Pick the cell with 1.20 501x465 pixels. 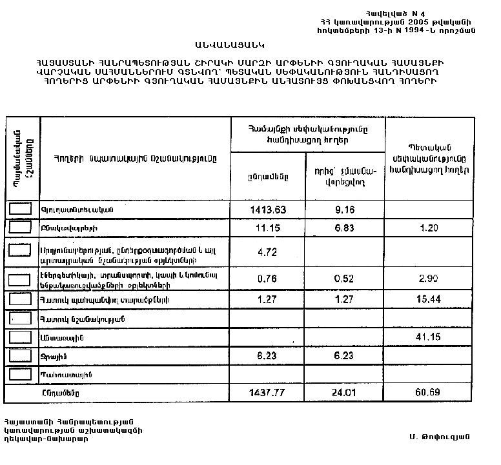[x=426, y=228]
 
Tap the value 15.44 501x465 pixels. [x=426, y=301]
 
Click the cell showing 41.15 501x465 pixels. [x=426, y=338]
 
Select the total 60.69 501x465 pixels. [x=426, y=393]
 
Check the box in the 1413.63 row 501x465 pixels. [x=21, y=209]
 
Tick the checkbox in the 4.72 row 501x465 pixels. [x=21, y=250]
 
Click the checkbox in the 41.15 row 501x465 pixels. [x=21, y=337]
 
